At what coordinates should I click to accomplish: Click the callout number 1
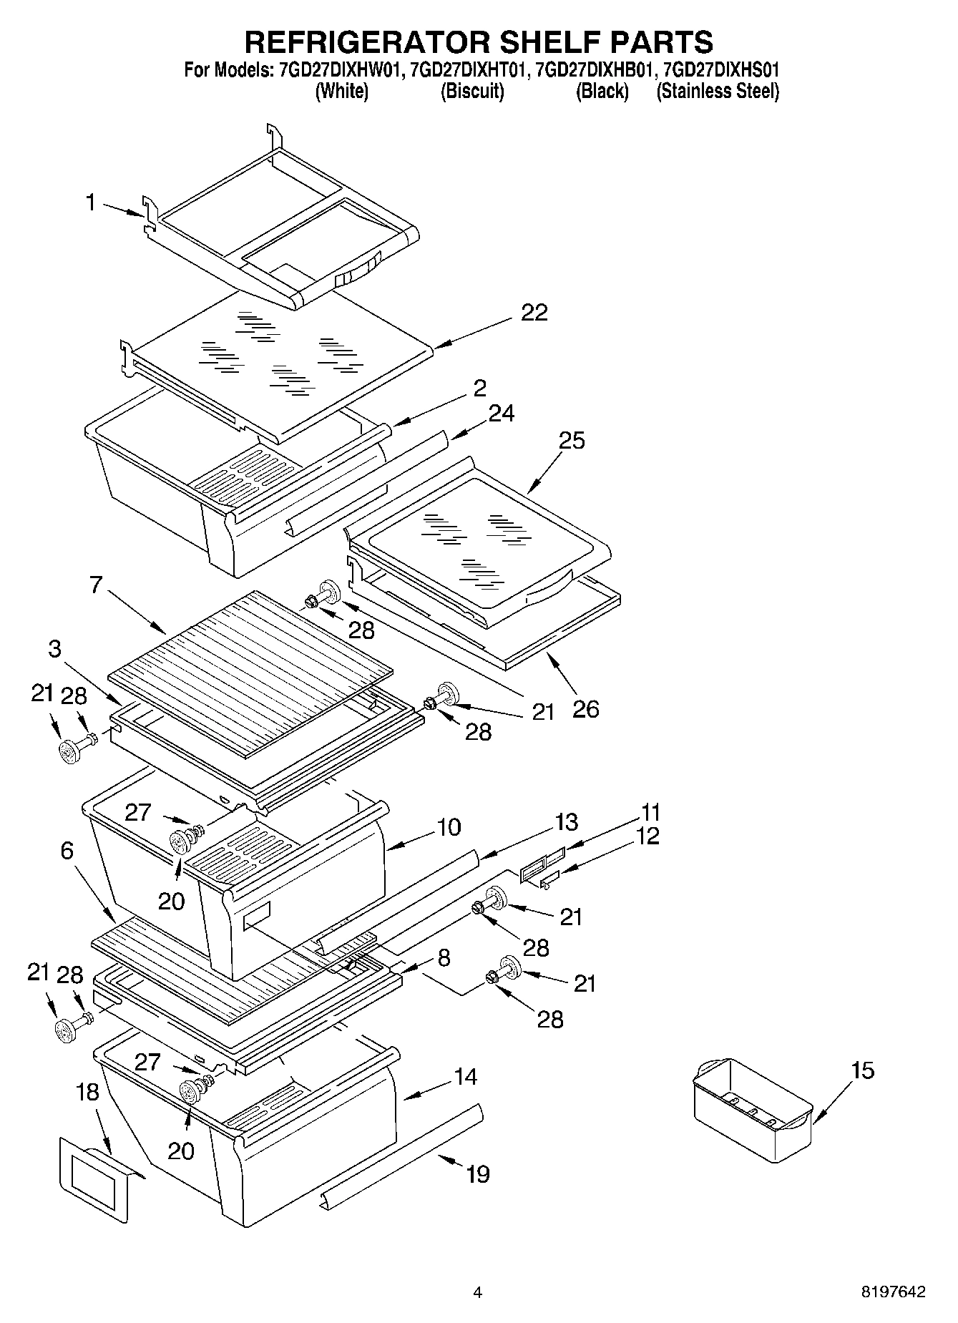pos(90,203)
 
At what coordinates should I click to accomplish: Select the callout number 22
pos(534,313)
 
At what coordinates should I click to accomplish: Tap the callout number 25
pos(572,441)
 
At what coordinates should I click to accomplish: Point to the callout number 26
pos(585,709)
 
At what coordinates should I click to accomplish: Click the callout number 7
pos(97,585)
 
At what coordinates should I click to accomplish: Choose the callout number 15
pos(863,1070)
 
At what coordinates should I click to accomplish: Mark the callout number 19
pos(478,1173)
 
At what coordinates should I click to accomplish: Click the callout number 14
pos(466,1076)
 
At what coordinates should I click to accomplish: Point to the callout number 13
pos(566,822)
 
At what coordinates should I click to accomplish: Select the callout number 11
pos(650,813)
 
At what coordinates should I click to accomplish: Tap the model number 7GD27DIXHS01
pos(721,71)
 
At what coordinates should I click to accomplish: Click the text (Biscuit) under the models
pos(472,92)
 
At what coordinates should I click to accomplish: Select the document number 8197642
pos(893,1292)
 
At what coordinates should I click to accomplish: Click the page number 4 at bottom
pos(477,1292)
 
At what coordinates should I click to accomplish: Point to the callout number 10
pos(449,827)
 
